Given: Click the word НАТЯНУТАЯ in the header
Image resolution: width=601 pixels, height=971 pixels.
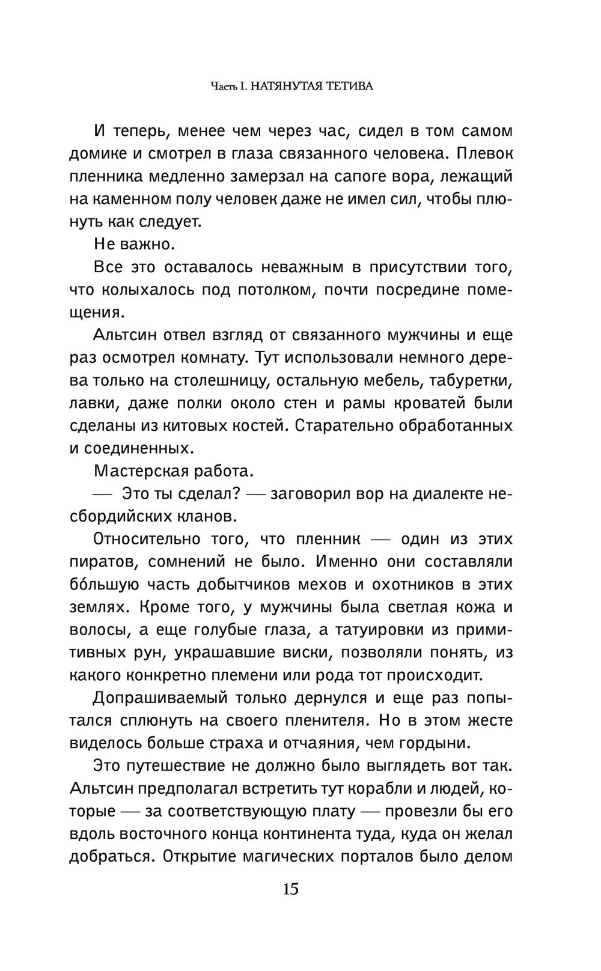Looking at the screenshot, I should (x=285, y=87).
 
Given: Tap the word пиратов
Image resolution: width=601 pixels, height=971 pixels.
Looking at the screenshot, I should (x=104, y=562).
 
